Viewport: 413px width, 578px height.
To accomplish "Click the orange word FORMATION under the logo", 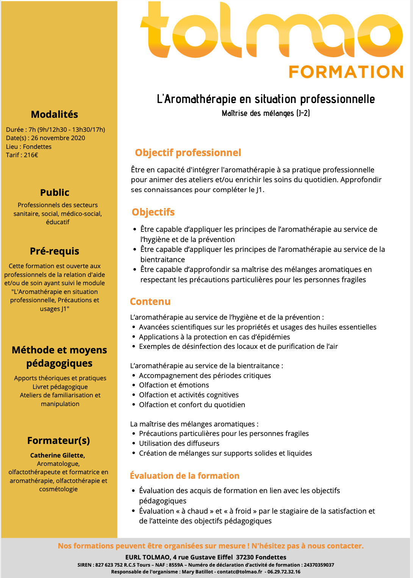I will pos(346,72).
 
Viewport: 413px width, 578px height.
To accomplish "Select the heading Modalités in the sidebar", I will pos(55,114).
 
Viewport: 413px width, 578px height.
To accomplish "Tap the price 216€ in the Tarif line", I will pos(31,155).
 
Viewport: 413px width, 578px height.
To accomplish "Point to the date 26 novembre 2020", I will pos(58,138).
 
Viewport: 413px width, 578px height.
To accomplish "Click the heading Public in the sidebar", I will pos(55,192).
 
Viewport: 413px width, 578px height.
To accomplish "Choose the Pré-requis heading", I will pos(55,251).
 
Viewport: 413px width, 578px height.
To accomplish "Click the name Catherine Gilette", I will pos(57,455).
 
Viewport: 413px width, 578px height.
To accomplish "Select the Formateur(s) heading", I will pos(58,441).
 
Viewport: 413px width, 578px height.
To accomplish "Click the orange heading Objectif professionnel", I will pos(188,153).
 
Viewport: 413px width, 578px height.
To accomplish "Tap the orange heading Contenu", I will pos(150,301).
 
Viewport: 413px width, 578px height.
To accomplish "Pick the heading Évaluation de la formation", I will pos(185,476).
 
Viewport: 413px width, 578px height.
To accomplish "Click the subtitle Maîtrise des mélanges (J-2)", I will pos(266,113).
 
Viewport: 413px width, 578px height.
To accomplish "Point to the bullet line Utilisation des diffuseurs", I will pos(179,443).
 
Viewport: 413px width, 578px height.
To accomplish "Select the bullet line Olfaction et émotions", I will pos(174,385).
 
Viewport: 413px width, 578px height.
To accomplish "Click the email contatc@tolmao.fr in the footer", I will pos(239,572).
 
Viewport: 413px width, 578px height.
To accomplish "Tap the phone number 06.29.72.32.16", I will pos(284,572).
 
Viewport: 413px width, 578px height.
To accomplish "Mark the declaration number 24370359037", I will pos(319,565).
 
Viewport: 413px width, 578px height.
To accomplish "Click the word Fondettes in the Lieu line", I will pos(37,147).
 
